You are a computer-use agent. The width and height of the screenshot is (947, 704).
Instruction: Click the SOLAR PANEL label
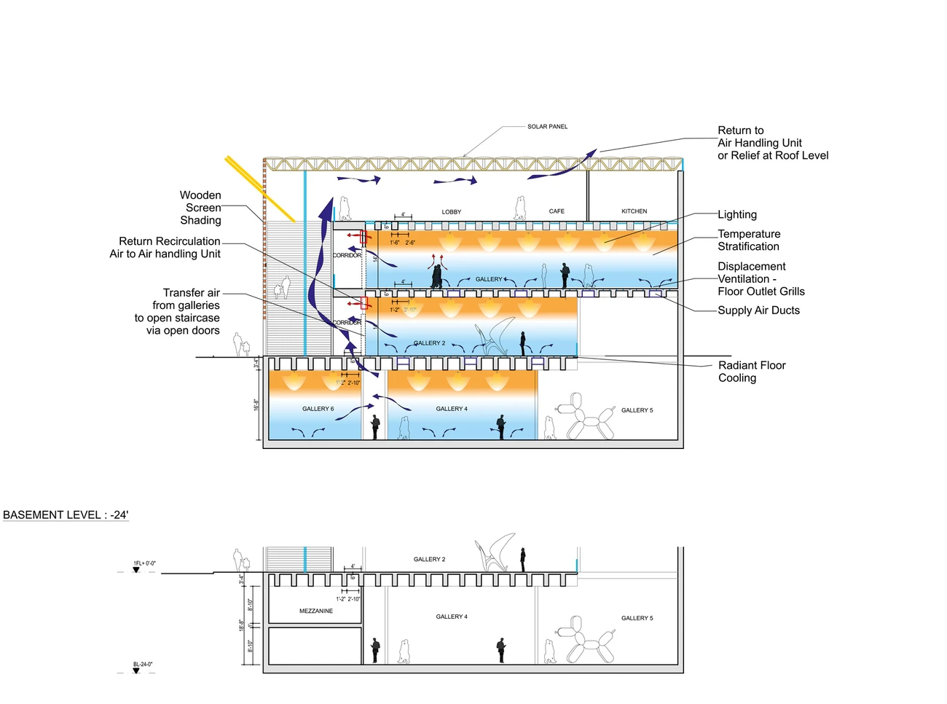pos(547,127)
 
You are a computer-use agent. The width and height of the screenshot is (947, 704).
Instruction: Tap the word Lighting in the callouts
pos(737,214)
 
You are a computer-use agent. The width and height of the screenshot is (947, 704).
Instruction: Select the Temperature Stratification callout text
pos(749,240)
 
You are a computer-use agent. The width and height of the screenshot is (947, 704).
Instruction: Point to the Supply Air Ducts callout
pos(758,310)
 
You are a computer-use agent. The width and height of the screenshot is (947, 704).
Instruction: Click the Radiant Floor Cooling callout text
pos(752,372)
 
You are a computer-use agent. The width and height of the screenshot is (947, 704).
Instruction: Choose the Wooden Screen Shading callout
pos(200,208)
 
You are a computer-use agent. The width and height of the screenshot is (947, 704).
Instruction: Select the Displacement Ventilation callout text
pos(761,279)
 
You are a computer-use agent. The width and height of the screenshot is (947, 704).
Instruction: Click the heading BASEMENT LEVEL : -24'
pos(66,515)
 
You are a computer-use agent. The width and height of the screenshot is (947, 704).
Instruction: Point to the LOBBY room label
pos(452,212)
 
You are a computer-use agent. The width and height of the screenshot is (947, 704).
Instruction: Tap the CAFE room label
pos(557,211)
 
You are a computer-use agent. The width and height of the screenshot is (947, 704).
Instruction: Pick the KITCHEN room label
pos(634,211)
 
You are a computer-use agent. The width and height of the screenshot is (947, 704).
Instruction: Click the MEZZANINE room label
pos(316,611)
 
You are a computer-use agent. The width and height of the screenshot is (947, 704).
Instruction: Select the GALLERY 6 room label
pos(318,409)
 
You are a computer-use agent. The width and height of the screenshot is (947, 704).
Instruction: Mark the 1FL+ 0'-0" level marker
pos(144,563)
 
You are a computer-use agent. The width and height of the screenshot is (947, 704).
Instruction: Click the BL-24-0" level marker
pos(143,665)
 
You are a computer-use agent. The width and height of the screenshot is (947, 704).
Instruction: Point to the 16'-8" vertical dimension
pos(256,404)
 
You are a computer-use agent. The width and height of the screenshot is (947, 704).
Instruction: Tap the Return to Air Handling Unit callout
pos(772,143)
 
